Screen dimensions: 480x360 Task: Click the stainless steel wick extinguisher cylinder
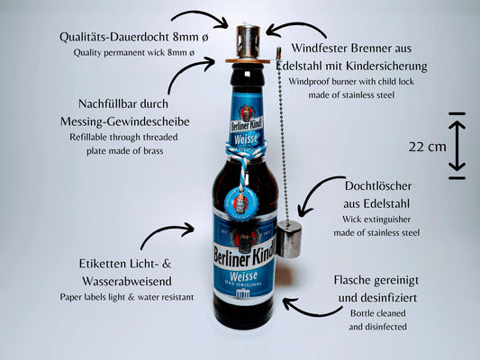pos(289,239)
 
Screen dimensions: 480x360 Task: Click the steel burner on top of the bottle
pos(248,41)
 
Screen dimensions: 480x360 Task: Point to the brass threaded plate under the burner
pos(248,61)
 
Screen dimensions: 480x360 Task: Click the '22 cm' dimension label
pos(428,147)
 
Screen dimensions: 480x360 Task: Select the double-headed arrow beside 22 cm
pos(457,146)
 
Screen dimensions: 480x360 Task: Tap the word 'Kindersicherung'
pos(386,66)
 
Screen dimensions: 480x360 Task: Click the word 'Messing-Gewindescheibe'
pos(125,121)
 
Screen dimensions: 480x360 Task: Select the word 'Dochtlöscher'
pos(378,186)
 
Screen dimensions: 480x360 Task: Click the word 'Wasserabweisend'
pos(127,281)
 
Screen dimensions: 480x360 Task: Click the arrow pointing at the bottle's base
pos(309,309)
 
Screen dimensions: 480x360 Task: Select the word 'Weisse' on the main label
pos(243,275)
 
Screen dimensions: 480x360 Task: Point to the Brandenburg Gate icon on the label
pos(243,294)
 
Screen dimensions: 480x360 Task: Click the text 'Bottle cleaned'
pos(377,313)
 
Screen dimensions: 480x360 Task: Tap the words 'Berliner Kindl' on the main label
pos(245,255)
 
